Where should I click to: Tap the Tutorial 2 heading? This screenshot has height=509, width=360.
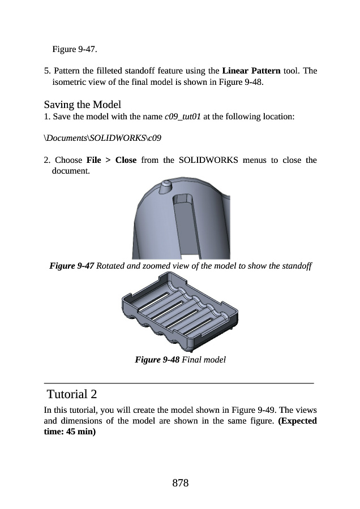click(x=75, y=394)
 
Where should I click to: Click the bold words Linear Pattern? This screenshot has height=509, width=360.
click(x=251, y=71)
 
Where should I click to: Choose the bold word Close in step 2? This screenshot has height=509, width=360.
click(x=126, y=159)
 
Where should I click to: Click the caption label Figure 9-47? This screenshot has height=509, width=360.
click(x=72, y=266)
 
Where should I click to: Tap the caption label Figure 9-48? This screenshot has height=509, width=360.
click(x=157, y=359)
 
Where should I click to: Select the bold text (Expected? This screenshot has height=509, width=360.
click(x=298, y=421)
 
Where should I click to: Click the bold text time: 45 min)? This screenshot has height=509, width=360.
click(x=70, y=432)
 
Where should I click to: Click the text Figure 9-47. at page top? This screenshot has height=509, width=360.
click(x=74, y=49)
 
